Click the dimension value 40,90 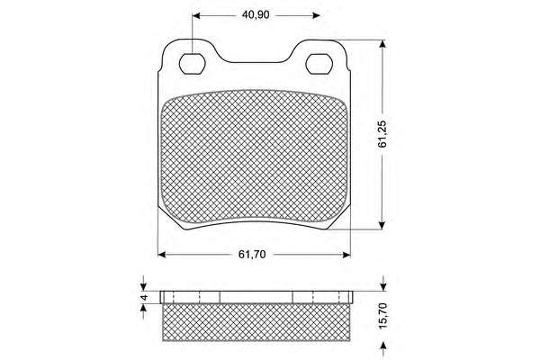(256, 15)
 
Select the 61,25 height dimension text (382, 134)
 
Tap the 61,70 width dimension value (252, 255)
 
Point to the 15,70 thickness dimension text (383, 316)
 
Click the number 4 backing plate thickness (144, 297)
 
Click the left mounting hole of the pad (193, 64)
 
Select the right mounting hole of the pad (319, 64)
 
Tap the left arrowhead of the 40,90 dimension (196, 15)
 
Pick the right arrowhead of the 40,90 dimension (316, 15)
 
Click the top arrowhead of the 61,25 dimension (382, 44)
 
